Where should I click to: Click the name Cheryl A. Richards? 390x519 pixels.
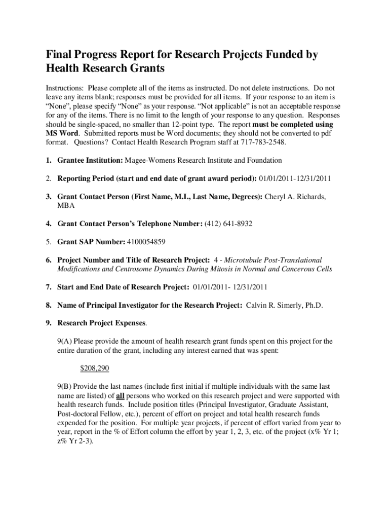point(295,196)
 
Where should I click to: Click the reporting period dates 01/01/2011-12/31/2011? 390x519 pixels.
point(295,178)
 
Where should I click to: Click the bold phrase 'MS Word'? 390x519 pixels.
point(61,133)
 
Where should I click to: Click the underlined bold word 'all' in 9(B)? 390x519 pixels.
point(120,395)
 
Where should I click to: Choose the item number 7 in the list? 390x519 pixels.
point(49,287)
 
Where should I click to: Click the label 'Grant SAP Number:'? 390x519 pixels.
point(90,242)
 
